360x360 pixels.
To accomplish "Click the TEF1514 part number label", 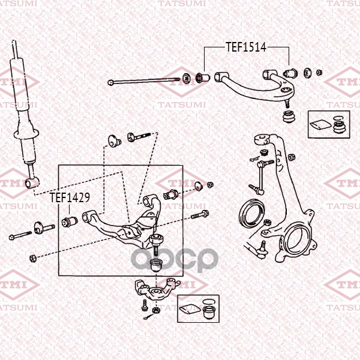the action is [x=246, y=47].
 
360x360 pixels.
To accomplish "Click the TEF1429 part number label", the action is [x=70, y=197].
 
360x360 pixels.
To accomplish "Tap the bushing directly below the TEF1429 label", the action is [x=70, y=221].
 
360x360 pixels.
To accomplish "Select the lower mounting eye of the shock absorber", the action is [x=32, y=182].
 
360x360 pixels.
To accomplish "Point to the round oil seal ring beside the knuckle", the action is [x=252, y=214].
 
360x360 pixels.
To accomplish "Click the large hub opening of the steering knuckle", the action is [x=297, y=239].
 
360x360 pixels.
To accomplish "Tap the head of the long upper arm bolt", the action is [x=110, y=82].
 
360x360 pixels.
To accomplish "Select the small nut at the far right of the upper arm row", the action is [x=319, y=73].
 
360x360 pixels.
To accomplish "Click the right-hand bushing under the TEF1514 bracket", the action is [x=290, y=73].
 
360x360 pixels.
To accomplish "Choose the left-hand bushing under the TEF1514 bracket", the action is [x=203, y=77].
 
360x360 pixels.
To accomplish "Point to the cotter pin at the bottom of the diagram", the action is [x=148, y=317].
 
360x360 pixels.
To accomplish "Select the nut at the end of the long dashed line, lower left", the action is [x=33, y=258].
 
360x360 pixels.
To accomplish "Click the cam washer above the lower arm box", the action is [x=115, y=141].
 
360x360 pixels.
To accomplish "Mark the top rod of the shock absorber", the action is [x=16, y=50].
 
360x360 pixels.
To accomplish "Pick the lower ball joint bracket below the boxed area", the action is [x=157, y=289].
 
